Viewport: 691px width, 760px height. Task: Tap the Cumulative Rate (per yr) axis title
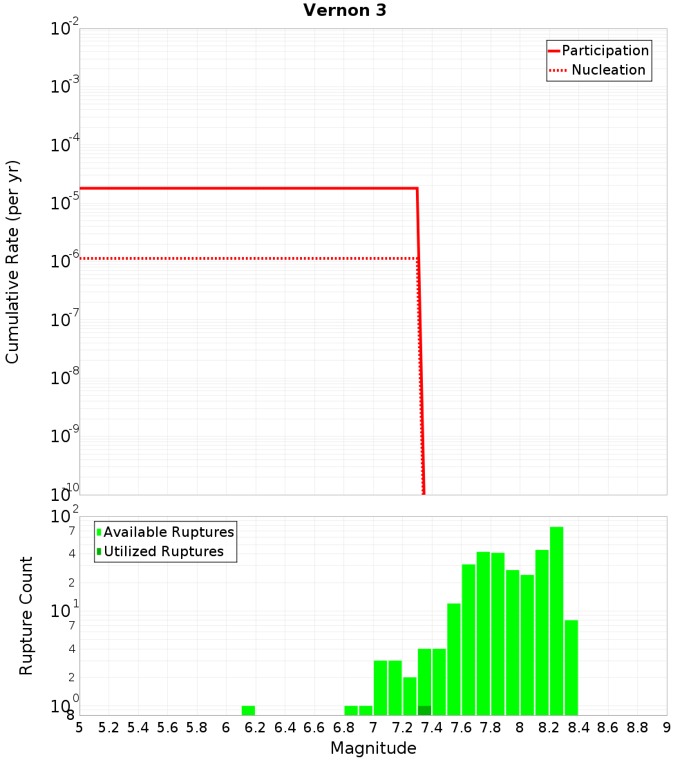click(x=12, y=262)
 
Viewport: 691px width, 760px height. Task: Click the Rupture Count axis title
click(x=26, y=616)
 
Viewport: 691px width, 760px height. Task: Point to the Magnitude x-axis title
click(x=373, y=748)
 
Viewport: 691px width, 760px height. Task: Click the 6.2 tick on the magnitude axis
click(x=256, y=728)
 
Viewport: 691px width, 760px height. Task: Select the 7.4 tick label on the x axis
click(x=432, y=728)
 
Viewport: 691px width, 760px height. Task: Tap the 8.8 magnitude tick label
click(x=637, y=728)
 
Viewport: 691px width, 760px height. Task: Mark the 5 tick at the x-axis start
click(x=79, y=728)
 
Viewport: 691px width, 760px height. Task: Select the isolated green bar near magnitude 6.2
click(x=248, y=710)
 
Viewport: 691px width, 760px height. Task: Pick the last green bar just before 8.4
click(x=571, y=667)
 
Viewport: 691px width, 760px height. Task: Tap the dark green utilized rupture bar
click(x=424, y=710)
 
